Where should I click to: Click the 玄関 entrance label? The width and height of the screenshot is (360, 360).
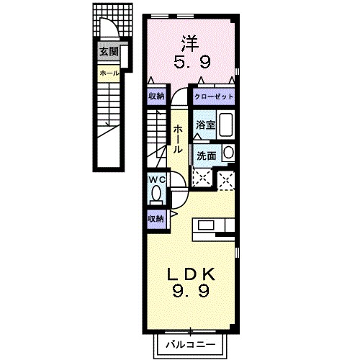click(109, 52)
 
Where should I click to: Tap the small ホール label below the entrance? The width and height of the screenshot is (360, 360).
click(109, 73)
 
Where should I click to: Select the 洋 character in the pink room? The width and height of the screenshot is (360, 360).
click(190, 44)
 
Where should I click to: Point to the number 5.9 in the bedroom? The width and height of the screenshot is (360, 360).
click(192, 63)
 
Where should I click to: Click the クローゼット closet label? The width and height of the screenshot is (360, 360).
click(214, 96)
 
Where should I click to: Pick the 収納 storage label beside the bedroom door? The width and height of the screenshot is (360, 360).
click(156, 96)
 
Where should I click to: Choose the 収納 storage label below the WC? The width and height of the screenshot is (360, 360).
click(156, 219)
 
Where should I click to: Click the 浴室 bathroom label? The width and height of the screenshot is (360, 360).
click(205, 125)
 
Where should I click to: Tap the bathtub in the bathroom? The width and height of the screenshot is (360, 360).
click(225, 125)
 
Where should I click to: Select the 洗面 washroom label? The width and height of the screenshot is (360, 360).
click(206, 156)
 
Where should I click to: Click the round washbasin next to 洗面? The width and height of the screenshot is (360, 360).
click(228, 153)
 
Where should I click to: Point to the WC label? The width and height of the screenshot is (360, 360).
click(157, 179)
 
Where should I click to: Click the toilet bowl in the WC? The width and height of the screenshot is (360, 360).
click(156, 194)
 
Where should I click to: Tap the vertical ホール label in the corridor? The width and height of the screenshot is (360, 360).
click(178, 139)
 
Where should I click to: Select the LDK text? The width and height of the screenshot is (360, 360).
click(191, 275)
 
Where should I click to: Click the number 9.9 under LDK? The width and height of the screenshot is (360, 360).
click(191, 291)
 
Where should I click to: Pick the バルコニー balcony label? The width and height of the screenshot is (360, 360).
click(191, 345)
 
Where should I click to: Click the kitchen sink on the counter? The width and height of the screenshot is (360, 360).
click(206, 225)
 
